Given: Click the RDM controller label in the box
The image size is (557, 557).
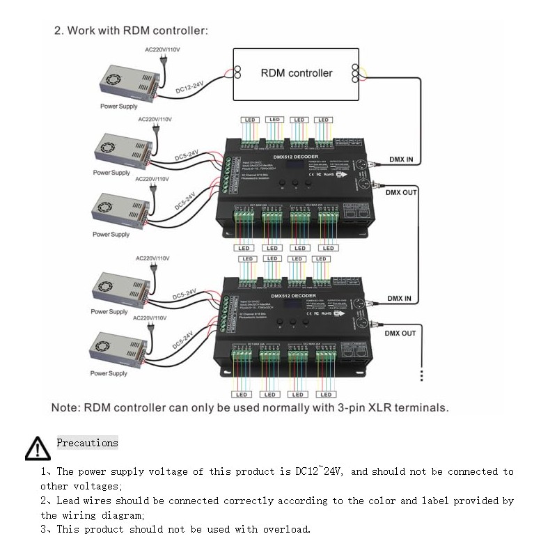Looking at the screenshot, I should (x=297, y=73).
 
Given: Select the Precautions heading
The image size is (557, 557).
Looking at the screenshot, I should (x=87, y=443).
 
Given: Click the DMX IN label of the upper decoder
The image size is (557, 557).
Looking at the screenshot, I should (x=400, y=159).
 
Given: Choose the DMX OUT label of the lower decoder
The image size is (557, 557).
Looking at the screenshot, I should (x=400, y=334).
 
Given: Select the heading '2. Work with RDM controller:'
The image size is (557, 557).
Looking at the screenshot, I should (x=130, y=31).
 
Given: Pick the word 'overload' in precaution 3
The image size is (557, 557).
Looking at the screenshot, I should (x=285, y=529).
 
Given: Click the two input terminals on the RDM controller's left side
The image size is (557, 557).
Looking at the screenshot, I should (x=237, y=72).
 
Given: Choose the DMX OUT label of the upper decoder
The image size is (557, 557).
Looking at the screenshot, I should (x=400, y=192).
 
